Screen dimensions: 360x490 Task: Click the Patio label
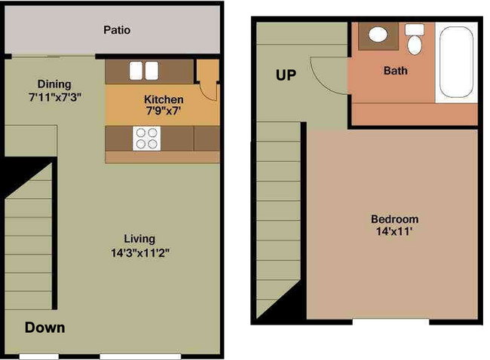(x=117, y=30)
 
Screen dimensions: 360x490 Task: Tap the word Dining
(x=54, y=84)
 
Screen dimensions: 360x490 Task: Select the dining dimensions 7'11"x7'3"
(x=54, y=97)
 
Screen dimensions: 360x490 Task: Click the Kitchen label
(x=164, y=99)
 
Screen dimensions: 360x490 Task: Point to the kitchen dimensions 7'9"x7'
(x=164, y=112)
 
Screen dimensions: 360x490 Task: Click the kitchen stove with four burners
(x=146, y=137)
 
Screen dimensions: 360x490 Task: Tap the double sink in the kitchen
(x=143, y=71)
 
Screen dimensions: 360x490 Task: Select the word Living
(x=139, y=239)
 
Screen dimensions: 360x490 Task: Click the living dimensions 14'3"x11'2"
(x=139, y=252)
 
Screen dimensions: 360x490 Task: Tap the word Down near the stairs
(x=44, y=328)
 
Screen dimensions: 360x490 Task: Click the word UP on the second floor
(x=286, y=75)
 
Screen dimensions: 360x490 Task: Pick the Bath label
(x=395, y=71)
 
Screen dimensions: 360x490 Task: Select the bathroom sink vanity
(x=377, y=35)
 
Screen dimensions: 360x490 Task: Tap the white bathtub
(x=456, y=61)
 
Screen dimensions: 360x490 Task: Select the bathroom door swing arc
(x=326, y=75)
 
